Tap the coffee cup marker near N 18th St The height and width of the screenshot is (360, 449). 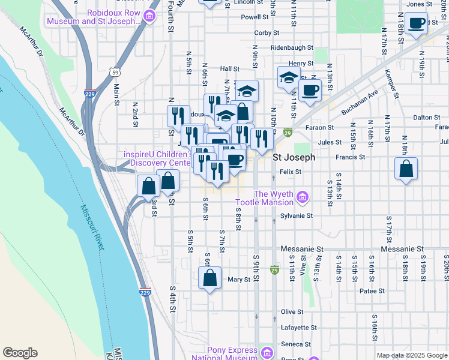(x=417, y=25)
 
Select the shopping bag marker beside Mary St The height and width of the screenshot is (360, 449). (x=210, y=279)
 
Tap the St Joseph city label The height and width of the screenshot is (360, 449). (x=294, y=158)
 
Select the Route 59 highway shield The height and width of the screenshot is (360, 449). (x=114, y=72)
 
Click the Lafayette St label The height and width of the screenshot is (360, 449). (x=299, y=328)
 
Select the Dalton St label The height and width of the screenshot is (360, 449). (x=427, y=118)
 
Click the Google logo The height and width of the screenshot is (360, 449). (x=20, y=353)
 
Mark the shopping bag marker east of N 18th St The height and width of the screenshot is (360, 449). (x=406, y=170)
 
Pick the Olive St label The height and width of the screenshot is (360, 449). (x=292, y=312)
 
